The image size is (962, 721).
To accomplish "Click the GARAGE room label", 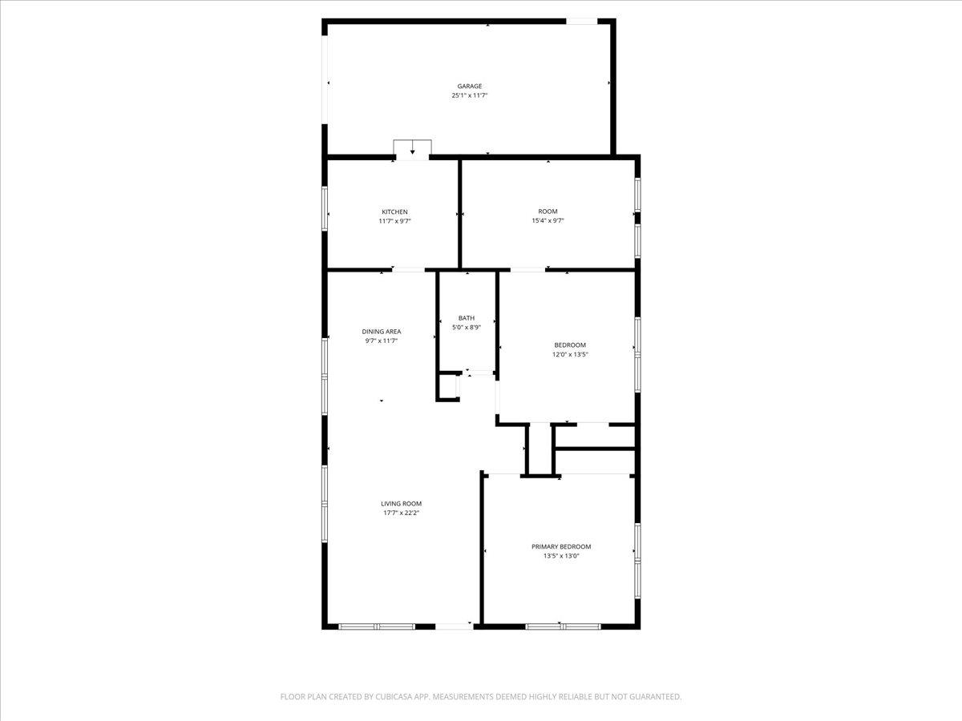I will point(470,87).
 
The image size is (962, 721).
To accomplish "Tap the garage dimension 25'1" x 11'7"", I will point(470,95).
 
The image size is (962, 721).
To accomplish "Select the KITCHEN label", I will point(394,212).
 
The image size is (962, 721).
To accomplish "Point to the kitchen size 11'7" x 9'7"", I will point(394,221).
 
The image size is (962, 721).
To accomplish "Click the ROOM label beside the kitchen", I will point(548,212).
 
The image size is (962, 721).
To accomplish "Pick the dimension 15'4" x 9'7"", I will point(548,221).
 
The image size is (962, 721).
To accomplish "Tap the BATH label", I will point(467,318).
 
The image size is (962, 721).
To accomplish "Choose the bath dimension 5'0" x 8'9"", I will point(467,327).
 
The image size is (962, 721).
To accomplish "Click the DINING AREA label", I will point(382,332).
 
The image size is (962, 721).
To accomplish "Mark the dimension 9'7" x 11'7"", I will point(382,340).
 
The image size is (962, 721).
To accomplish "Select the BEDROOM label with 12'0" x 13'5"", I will point(570,345).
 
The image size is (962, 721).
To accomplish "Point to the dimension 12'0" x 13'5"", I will point(570,354).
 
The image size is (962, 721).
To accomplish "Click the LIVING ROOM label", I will point(401,504).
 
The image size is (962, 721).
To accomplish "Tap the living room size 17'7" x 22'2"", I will point(401,513).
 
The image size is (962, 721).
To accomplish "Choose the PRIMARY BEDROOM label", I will point(561,546).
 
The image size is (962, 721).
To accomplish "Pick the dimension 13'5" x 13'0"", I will point(561,555).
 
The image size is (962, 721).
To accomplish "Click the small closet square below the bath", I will point(447,387).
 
